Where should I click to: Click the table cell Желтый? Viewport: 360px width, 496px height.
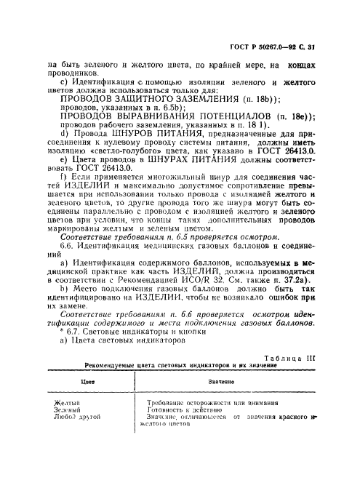point(68,401)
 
